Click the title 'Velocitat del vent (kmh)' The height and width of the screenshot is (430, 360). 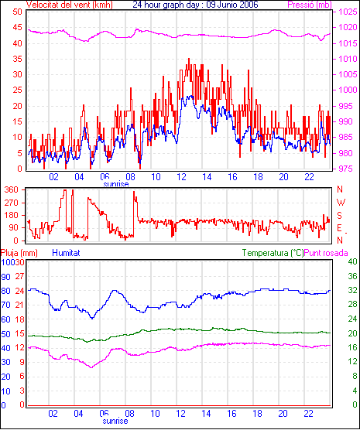[69, 5]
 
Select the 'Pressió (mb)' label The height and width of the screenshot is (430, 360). [310, 5]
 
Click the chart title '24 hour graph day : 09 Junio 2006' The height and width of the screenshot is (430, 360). [196, 5]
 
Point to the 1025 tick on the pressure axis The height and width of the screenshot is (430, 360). [348, 12]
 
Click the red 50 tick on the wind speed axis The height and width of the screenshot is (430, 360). [17, 12]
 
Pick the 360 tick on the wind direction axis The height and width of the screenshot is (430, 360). [12, 189]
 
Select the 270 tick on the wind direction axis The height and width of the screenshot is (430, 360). [12, 203]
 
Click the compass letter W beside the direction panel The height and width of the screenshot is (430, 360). [341, 203]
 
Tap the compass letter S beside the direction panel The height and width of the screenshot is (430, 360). [339, 216]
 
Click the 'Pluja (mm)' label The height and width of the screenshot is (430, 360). [19, 253]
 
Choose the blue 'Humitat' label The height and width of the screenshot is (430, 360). [66, 253]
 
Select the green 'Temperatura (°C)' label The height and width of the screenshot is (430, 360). [273, 253]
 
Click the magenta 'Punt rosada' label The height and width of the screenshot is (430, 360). [326, 253]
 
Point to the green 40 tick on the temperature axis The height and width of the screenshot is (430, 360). [352, 261]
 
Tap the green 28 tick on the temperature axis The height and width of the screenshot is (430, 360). [352, 305]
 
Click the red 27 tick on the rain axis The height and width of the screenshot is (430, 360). [19, 276]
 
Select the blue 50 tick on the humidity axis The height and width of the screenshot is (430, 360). [5, 334]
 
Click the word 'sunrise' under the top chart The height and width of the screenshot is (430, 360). [116, 184]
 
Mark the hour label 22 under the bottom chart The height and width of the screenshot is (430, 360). [308, 413]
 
